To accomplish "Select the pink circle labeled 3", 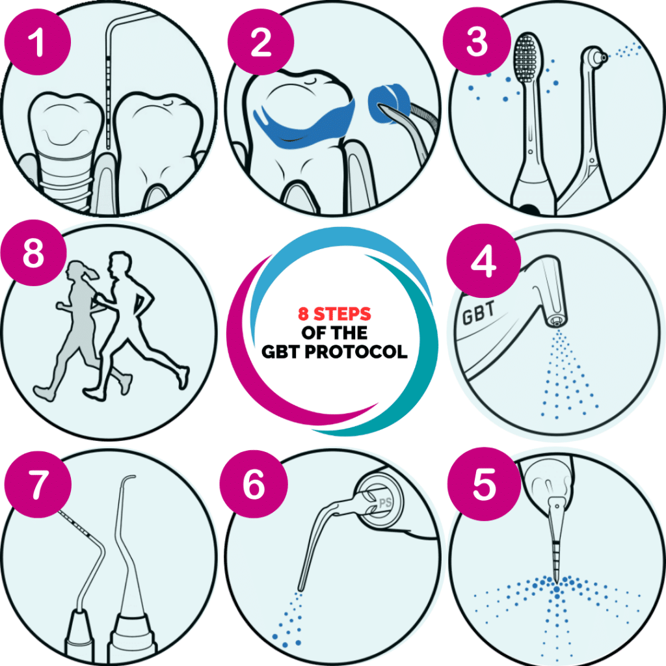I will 477,43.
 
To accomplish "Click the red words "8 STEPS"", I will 334,314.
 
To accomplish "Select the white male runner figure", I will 133,325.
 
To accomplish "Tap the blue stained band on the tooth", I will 302,123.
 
